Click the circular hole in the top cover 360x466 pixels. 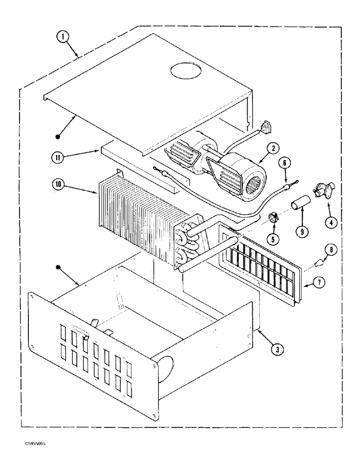tap(186, 71)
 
